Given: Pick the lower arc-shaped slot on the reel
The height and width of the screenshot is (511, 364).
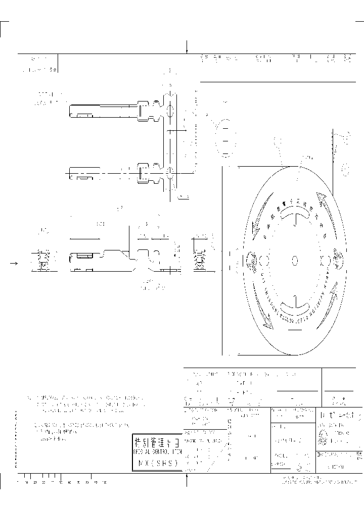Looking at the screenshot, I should click(295, 305).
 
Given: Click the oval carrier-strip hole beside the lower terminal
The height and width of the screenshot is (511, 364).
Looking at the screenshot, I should click(170, 173).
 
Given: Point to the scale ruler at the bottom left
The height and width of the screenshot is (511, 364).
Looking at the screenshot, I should click(61, 478).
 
